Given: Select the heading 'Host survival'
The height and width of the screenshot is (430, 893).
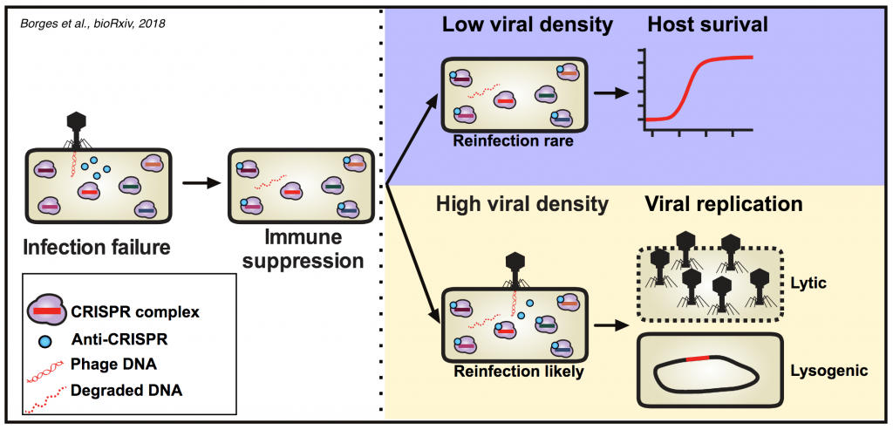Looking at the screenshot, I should pyautogui.click(x=706, y=25).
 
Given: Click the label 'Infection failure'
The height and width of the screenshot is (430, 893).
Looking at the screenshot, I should pyautogui.click(x=96, y=247).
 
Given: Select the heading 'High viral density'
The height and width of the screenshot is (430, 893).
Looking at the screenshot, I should pyautogui.click(x=521, y=206).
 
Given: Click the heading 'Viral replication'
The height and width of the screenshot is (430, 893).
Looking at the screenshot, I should pyautogui.click(x=723, y=205).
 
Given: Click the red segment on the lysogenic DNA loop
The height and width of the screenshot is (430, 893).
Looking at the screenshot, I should pyautogui.click(x=699, y=358).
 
